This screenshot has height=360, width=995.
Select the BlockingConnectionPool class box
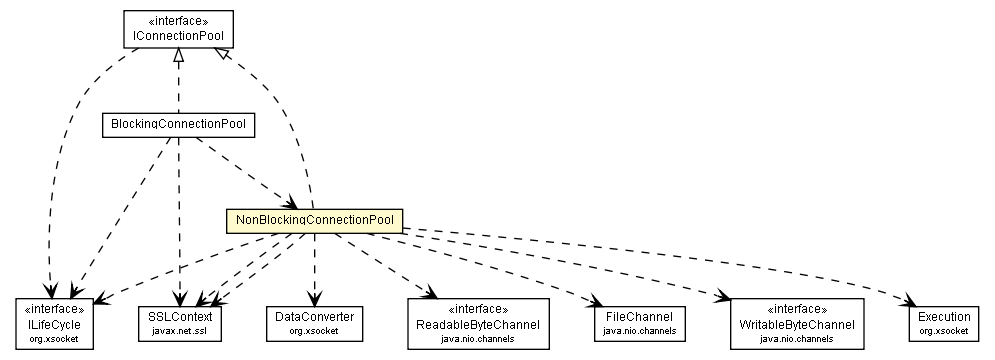[179, 125]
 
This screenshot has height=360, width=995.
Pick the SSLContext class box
[181, 321]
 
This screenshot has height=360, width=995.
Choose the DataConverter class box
[314, 321]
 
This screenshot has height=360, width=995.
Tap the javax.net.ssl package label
[181, 331]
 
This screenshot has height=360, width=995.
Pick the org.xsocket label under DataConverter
[314, 331]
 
